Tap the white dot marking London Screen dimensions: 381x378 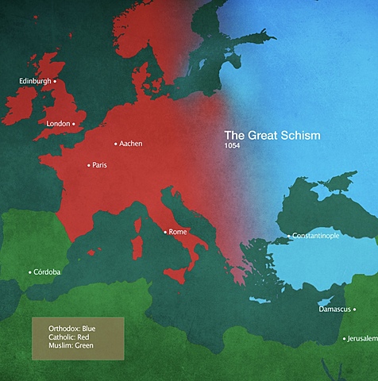[74, 124]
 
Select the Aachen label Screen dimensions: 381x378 [131, 144]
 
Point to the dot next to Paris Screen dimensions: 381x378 [88, 165]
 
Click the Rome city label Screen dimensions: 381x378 [178, 232]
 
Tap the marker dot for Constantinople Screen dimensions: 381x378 [288, 237]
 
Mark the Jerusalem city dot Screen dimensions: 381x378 [344, 339]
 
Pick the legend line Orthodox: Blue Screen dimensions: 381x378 [76, 329]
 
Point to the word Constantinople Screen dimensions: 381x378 [318, 237]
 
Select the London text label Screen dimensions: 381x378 [58, 124]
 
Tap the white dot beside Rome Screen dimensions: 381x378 [165, 232]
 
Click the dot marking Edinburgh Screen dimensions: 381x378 [55, 81]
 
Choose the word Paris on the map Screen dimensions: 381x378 [99, 165]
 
